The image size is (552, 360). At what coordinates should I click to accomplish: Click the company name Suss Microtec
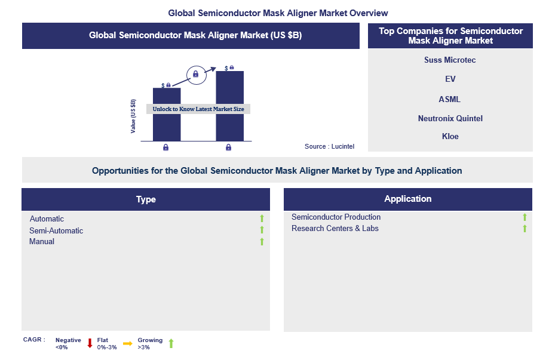click(450, 60)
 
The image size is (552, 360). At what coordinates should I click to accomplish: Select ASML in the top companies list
click(450, 99)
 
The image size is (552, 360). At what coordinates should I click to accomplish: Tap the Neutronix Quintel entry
click(450, 118)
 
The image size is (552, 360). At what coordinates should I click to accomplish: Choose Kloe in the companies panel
click(450, 136)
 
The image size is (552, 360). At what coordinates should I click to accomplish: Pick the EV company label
click(450, 79)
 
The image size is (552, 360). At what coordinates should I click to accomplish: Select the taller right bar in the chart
click(229, 106)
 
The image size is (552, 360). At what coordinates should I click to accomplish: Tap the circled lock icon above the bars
click(196, 75)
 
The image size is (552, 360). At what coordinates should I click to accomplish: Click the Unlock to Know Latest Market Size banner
click(198, 109)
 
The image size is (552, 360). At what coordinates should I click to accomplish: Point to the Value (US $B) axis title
click(133, 116)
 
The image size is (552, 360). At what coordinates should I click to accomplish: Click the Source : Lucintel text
click(329, 146)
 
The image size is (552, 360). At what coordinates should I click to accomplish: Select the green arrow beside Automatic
click(262, 219)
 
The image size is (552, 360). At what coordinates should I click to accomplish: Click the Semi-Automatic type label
click(56, 230)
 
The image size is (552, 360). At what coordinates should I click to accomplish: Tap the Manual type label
click(42, 241)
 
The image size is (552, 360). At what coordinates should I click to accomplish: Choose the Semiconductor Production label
click(336, 217)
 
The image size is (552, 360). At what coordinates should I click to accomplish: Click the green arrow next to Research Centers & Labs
click(525, 229)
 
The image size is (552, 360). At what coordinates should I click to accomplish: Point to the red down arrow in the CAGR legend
click(90, 343)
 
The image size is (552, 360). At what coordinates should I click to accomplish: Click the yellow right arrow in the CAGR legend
click(128, 343)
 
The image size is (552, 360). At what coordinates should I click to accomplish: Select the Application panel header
click(408, 199)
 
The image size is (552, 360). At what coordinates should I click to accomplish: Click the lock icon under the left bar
click(166, 147)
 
